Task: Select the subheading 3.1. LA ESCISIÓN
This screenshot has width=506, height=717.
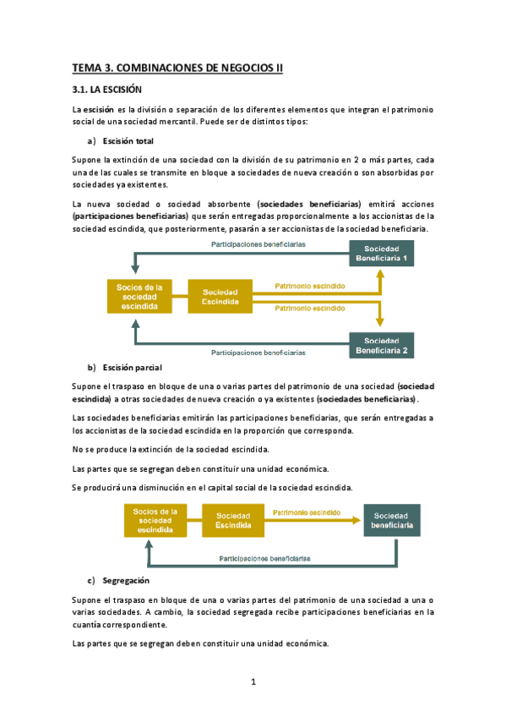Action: click(x=106, y=89)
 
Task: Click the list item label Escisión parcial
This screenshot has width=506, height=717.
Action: click(x=131, y=368)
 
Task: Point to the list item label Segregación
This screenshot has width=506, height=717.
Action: click(x=126, y=581)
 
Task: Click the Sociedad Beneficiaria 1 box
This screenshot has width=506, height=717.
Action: click(x=381, y=253)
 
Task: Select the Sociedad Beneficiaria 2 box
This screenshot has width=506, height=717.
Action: click(x=381, y=345)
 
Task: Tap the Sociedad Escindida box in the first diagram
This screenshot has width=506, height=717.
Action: click(x=220, y=297)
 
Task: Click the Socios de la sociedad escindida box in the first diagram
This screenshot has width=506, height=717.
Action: click(x=139, y=297)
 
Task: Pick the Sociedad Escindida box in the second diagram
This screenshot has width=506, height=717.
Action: click(x=232, y=520)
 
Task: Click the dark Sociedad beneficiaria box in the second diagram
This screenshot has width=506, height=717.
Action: click(x=391, y=520)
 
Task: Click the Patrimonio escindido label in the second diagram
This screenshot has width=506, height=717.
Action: click(x=307, y=512)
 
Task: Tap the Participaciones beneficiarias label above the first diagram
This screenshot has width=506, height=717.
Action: click(x=258, y=244)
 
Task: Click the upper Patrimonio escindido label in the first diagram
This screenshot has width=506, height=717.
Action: click(x=310, y=286)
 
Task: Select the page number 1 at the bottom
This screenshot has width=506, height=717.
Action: click(x=253, y=681)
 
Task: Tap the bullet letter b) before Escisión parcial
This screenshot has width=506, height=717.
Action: click(x=92, y=368)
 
